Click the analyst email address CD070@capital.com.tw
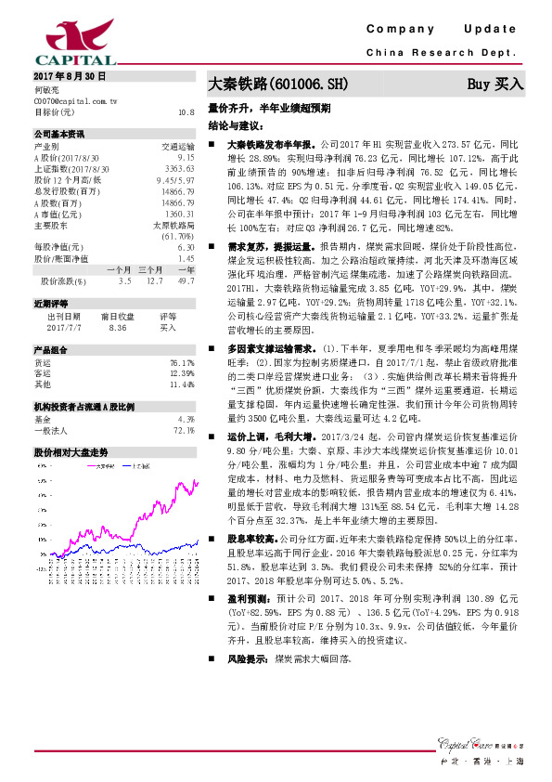pyautogui.click(x=75, y=100)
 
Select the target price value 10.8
pyautogui.click(x=186, y=111)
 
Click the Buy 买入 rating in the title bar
pyautogui.click(x=495, y=84)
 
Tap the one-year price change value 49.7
pyautogui.click(x=186, y=280)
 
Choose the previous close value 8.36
pyautogui.click(x=118, y=327)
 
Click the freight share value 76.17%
pyautogui.click(x=182, y=362)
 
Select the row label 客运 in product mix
pyautogui.click(x=43, y=372)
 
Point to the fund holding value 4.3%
pyautogui.click(x=185, y=418)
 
